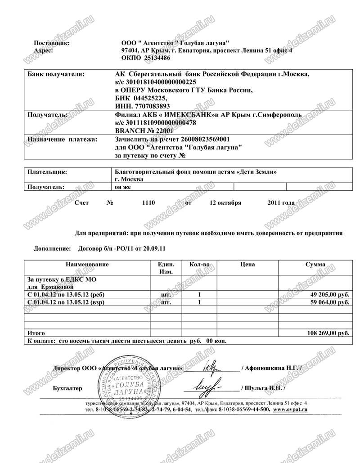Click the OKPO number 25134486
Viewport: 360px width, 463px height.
(157, 58)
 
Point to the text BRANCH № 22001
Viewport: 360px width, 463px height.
(138, 130)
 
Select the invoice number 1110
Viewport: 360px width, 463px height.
(148, 203)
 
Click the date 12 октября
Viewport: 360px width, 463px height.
(225, 203)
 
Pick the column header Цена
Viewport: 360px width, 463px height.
(248, 265)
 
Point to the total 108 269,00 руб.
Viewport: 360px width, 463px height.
(327, 333)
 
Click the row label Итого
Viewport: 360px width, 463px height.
(36, 333)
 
